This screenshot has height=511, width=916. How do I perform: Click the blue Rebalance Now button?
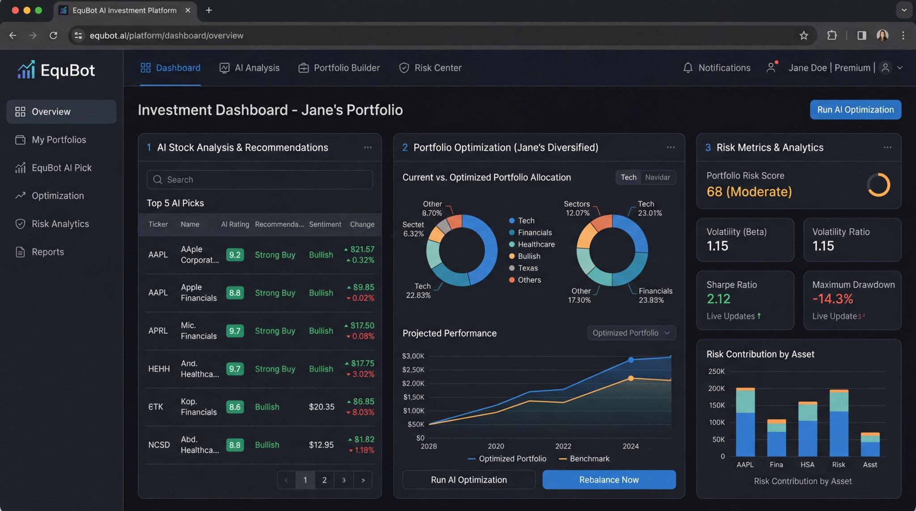[609, 480]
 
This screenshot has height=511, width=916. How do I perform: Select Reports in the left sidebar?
[47, 252]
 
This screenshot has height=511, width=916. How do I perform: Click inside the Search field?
[259, 180]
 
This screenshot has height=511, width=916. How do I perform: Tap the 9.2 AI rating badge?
[235, 255]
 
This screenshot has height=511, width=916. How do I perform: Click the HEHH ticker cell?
[159, 369]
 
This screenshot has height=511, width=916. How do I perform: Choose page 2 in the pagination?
[324, 480]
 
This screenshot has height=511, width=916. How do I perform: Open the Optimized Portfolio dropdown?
[631, 333]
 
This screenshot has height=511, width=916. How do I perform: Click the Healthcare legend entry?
[536, 245]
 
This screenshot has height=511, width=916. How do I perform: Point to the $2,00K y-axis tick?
[413, 384]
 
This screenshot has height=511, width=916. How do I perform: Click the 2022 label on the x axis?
[563, 446]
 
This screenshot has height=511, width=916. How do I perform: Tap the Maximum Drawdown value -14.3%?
[832, 299]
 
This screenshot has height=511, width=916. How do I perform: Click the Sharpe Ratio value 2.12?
[718, 299]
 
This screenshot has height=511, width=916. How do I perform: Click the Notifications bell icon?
[688, 68]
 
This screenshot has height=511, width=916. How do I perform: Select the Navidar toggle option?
[657, 177]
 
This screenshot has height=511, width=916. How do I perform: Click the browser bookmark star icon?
[804, 35]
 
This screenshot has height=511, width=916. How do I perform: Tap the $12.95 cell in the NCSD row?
[321, 445]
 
